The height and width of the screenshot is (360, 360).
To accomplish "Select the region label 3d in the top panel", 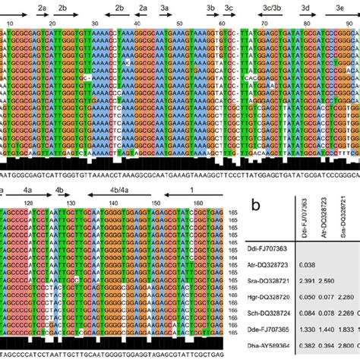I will pos(305,5).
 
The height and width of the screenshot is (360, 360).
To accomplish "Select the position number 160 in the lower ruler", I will pos(198,203).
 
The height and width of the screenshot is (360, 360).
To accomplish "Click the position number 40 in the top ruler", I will pos(137,24).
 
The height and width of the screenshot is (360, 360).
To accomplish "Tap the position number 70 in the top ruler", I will pos(262,24).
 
